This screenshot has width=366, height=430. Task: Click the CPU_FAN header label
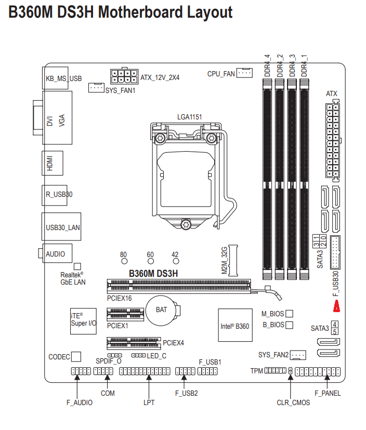(x=221, y=74)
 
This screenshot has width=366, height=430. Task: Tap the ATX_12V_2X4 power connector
(x=124, y=77)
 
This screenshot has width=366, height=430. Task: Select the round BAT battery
(x=161, y=310)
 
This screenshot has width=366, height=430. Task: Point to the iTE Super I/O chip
(x=83, y=319)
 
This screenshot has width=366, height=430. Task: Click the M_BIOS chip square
(x=290, y=314)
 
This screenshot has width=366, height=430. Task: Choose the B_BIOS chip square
(x=290, y=325)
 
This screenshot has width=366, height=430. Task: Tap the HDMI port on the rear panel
(x=52, y=163)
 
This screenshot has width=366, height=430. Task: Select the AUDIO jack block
(x=55, y=254)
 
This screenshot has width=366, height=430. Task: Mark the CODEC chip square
(x=76, y=356)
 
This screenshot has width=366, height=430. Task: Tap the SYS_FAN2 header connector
(x=298, y=355)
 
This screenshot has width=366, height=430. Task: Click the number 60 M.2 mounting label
(x=150, y=254)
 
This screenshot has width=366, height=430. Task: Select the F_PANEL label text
(x=328, y=393)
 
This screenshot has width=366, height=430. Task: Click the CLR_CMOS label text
(x=293, y=402)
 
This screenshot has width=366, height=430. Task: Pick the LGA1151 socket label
(x=189, y=117)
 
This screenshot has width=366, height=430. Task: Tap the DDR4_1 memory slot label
(x=304, y=65)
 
